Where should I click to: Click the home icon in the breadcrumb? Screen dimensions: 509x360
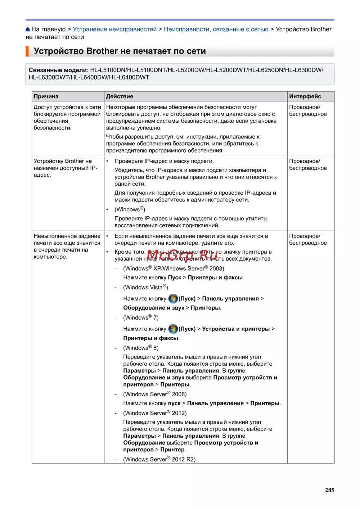(28, 30)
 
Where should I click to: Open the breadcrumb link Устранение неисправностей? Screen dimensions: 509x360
(114, 30)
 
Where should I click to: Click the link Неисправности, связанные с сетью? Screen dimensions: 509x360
(216, 30)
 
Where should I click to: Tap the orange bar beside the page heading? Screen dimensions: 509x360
(27, 51)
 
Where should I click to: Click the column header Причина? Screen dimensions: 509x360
(46, 96)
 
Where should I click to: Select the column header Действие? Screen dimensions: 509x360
(120, 96)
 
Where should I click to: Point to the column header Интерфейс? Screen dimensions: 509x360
(305, 96)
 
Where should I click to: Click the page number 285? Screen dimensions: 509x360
(329, 490)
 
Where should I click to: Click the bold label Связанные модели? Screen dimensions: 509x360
(58, 70)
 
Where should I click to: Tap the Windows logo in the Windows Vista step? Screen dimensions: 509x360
(173, 298)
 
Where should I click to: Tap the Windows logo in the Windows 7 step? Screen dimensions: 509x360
(173, 329)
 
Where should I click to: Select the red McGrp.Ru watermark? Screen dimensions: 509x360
(182, 255)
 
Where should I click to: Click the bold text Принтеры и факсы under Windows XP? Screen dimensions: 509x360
(216, 278)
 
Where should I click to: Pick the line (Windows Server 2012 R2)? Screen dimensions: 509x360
(159, 459)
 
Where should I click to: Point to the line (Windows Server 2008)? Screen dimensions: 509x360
(155, 394)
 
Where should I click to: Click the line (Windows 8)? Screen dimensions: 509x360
(141, 348)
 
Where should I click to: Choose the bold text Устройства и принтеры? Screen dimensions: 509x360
(236, 329)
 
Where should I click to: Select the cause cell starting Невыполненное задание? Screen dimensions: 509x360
(67, 246)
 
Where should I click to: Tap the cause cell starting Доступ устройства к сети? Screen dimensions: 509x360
(67, 117)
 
